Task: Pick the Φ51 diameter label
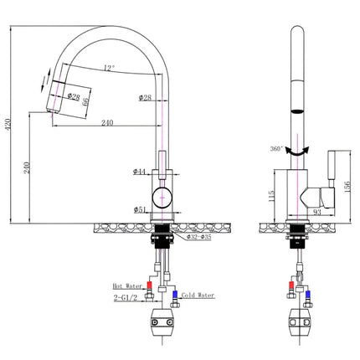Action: tap(140, 210)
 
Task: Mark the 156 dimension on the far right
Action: tap(349, 184)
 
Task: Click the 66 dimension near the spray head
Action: tap(85, 102)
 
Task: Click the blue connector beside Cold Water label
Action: tap(174, 295)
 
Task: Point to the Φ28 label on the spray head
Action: tap(73, 99)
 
